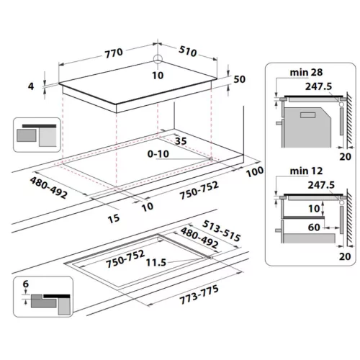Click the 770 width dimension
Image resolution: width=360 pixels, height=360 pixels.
pyautogui.click(x=114, y=53)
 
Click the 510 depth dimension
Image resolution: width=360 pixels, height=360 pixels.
pyautogui.click(x=188, y=52)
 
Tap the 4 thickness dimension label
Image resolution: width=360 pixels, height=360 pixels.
pyautogui.click(x=31, y=86)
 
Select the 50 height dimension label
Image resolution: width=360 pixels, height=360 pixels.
pyautogui.click(x=239, y=79)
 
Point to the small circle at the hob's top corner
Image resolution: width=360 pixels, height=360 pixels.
pyautogui.click(x=158, y=58)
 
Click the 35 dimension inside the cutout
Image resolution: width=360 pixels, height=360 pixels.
pyautogui.click(x=181, y=141)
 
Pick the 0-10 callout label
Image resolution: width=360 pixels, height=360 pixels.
pyautogui.click(x=158, y=154)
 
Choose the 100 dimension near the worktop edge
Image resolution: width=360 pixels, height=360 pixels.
pyautogui.click(x=255, y=171)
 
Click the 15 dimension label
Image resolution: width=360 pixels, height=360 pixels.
pyautogui.click(x=114, y=218)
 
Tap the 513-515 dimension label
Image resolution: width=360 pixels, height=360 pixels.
pyautogui.click(x=221, y=230)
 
